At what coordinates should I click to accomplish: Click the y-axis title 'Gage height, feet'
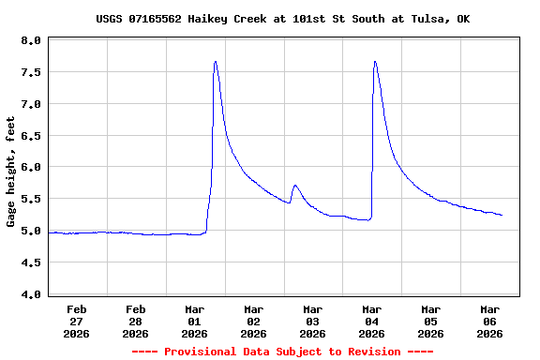click(x=11, y=172)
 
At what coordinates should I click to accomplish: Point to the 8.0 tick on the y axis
click(x=30, y=41)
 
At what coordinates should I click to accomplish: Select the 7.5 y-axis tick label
click(x=30, y=73)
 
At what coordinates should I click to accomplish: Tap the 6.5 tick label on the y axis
click(x=30, y=136)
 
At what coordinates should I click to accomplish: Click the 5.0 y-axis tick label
click(x=30, y=231)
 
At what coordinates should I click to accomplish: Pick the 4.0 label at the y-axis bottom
click(x=30, y=294)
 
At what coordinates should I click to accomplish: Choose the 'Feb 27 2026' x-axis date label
click(x=77, y=321)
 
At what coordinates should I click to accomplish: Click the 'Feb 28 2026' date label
click(x=136, y=321)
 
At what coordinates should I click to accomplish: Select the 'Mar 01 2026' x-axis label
click(x=195, y=321)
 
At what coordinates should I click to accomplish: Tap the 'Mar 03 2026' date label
click(x=313, y=321)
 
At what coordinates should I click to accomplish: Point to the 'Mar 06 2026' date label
click(x=489, y=321)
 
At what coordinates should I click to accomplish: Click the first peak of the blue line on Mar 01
click(x=216, y=62)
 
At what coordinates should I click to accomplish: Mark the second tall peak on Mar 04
click(x=375, y=62)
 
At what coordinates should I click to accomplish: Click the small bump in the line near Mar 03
click(x=294, y=186)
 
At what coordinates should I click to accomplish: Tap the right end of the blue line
click(x=502, y=216)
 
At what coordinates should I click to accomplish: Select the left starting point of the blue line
click(x=48, y=232)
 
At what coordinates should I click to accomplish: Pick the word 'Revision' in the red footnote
click(x=373, y=352)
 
